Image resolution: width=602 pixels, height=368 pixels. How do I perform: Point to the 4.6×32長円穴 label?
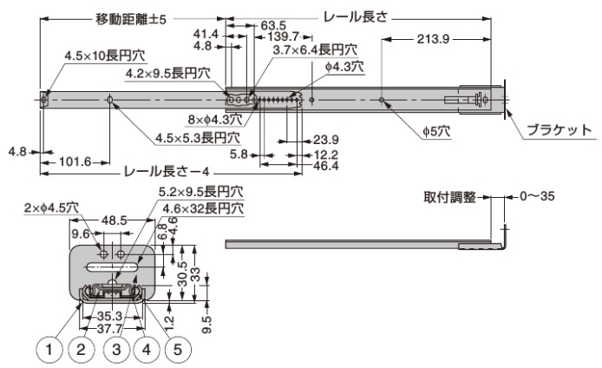click(202, 209)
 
